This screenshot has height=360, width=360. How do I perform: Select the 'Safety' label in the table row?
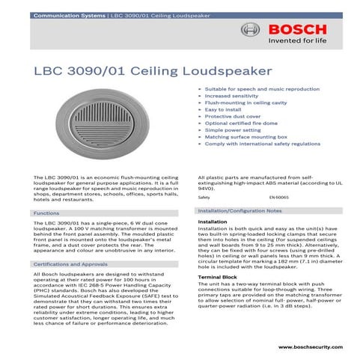(204, 196)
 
